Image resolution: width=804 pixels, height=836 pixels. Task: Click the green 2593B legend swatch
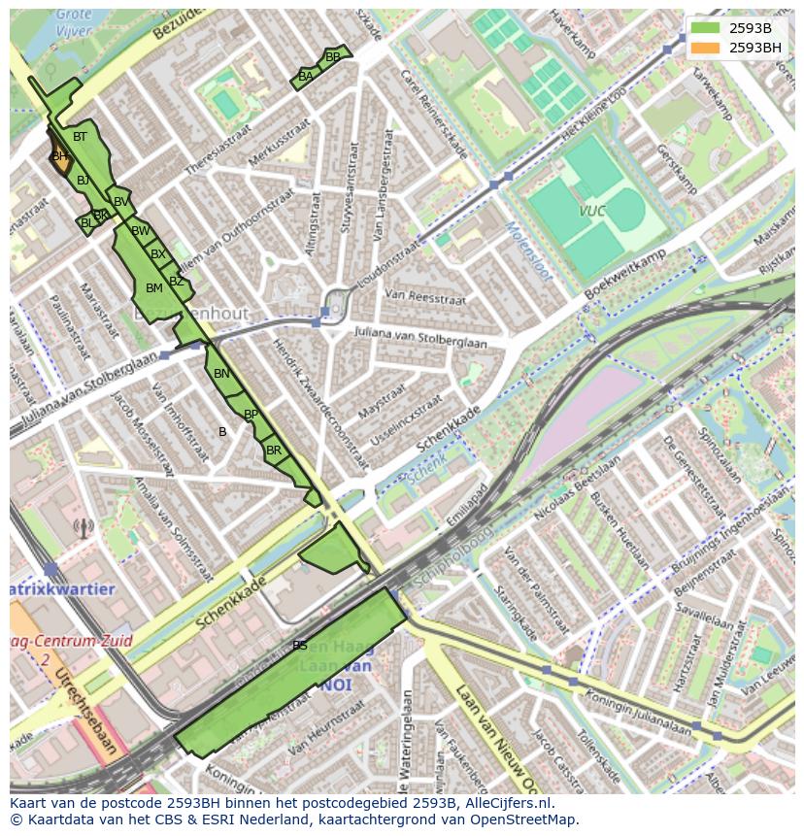[705, 27]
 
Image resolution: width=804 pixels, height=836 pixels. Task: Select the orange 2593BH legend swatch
[705, 47]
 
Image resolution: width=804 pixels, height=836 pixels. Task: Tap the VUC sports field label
[592, 211]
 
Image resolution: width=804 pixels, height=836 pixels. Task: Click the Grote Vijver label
[74, 22]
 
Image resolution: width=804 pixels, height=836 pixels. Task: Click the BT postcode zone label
[80, 137]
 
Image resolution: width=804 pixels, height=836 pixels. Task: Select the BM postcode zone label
[153, 288]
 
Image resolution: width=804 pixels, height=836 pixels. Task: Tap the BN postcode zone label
[221, 374]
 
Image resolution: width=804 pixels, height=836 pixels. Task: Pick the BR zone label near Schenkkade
[274, 451]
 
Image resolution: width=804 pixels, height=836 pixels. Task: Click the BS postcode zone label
[300, 646]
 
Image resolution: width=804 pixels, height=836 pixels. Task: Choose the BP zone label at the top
[333, 57]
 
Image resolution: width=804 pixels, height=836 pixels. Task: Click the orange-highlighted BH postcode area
[60, 157]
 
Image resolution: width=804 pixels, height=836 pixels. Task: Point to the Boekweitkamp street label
[625, 275]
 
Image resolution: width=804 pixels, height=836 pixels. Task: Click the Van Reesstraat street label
[425, 296]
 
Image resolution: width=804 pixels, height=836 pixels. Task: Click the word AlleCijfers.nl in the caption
[509, 803]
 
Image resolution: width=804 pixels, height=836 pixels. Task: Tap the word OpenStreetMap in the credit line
[529, 819]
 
